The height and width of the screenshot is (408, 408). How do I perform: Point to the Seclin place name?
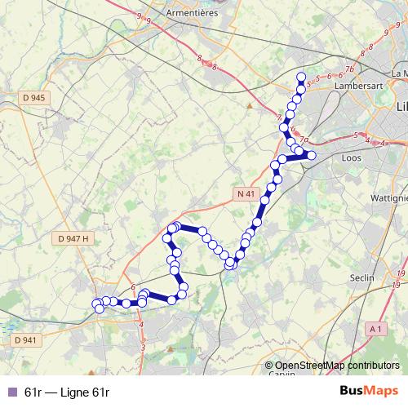click(x=361, y=277)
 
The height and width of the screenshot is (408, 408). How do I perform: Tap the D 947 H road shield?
click(x=73, y=238)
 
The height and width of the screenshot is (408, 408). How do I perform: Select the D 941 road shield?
click(x=24, y=340)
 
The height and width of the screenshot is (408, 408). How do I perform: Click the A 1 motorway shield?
click(x=375, y=328)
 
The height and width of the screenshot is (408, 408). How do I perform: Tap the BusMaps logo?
click(x=369, y=391)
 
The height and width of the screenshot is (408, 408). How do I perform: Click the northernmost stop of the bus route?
click(x=301, y=78)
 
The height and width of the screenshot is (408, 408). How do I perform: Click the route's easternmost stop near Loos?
click(x=311, y=155)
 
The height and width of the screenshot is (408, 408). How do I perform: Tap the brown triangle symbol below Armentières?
click(x=250, y=104)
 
